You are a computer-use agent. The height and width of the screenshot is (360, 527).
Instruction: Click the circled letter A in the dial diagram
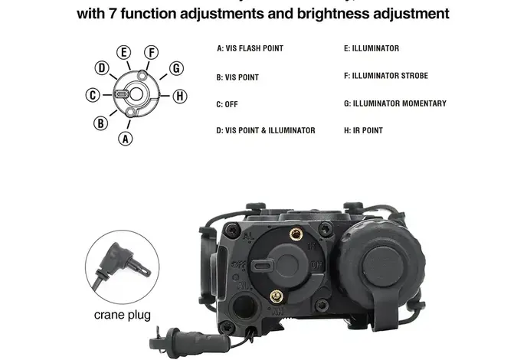point(126,139)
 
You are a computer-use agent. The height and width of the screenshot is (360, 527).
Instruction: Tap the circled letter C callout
point(92,95)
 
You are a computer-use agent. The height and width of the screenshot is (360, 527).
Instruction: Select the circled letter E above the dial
point(123,52)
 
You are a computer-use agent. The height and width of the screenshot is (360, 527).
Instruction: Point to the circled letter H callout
point(179,96)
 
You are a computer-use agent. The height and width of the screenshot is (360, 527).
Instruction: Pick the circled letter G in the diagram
point(176,68)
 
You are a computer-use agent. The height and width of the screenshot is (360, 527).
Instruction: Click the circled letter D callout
point(101,68)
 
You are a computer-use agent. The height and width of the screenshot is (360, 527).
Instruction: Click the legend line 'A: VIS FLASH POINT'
point(250,48)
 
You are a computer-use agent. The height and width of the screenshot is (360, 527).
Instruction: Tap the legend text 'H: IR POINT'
point(363,130)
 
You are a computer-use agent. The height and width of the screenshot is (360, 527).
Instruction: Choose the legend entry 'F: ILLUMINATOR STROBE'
point(386,76)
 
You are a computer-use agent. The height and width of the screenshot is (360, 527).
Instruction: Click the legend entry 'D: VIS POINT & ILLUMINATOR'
point(266,130)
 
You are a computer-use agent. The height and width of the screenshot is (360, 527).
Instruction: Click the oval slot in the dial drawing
point(122,95)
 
